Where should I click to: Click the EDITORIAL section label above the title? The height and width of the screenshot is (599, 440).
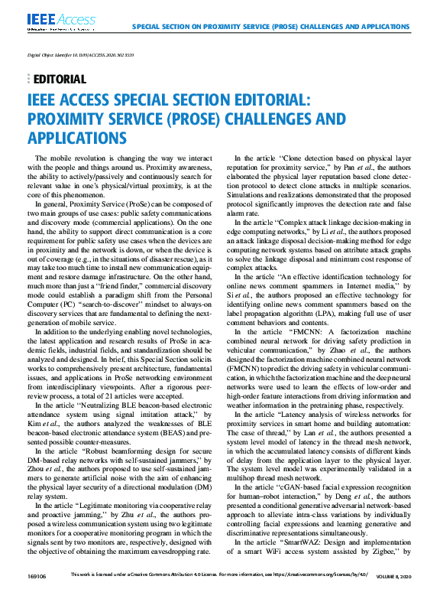click(61, 80)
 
